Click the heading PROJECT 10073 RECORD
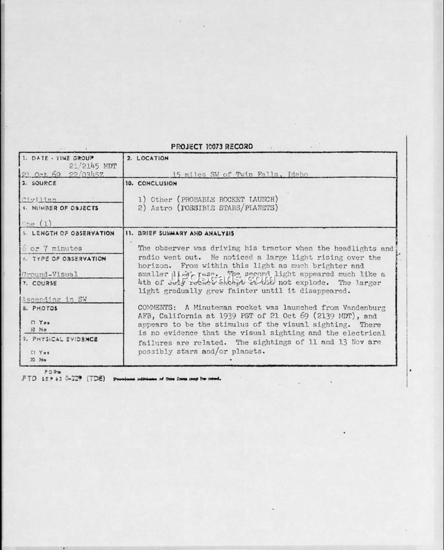point(211,147)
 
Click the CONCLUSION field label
point(158,183)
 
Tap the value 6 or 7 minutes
point(52,248)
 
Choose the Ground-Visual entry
point(51,274)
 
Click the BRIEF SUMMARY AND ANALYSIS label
point(186,233)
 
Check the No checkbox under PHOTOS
point(33,329)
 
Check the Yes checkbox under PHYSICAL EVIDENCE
point(33,352)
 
